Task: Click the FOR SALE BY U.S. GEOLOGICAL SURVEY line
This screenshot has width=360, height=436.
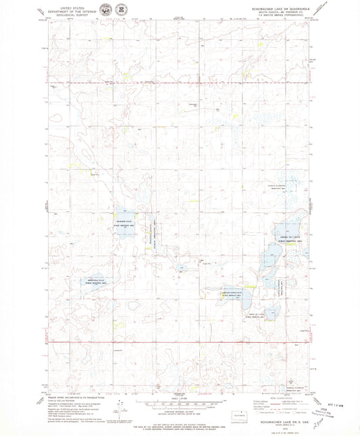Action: click(179, 423)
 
